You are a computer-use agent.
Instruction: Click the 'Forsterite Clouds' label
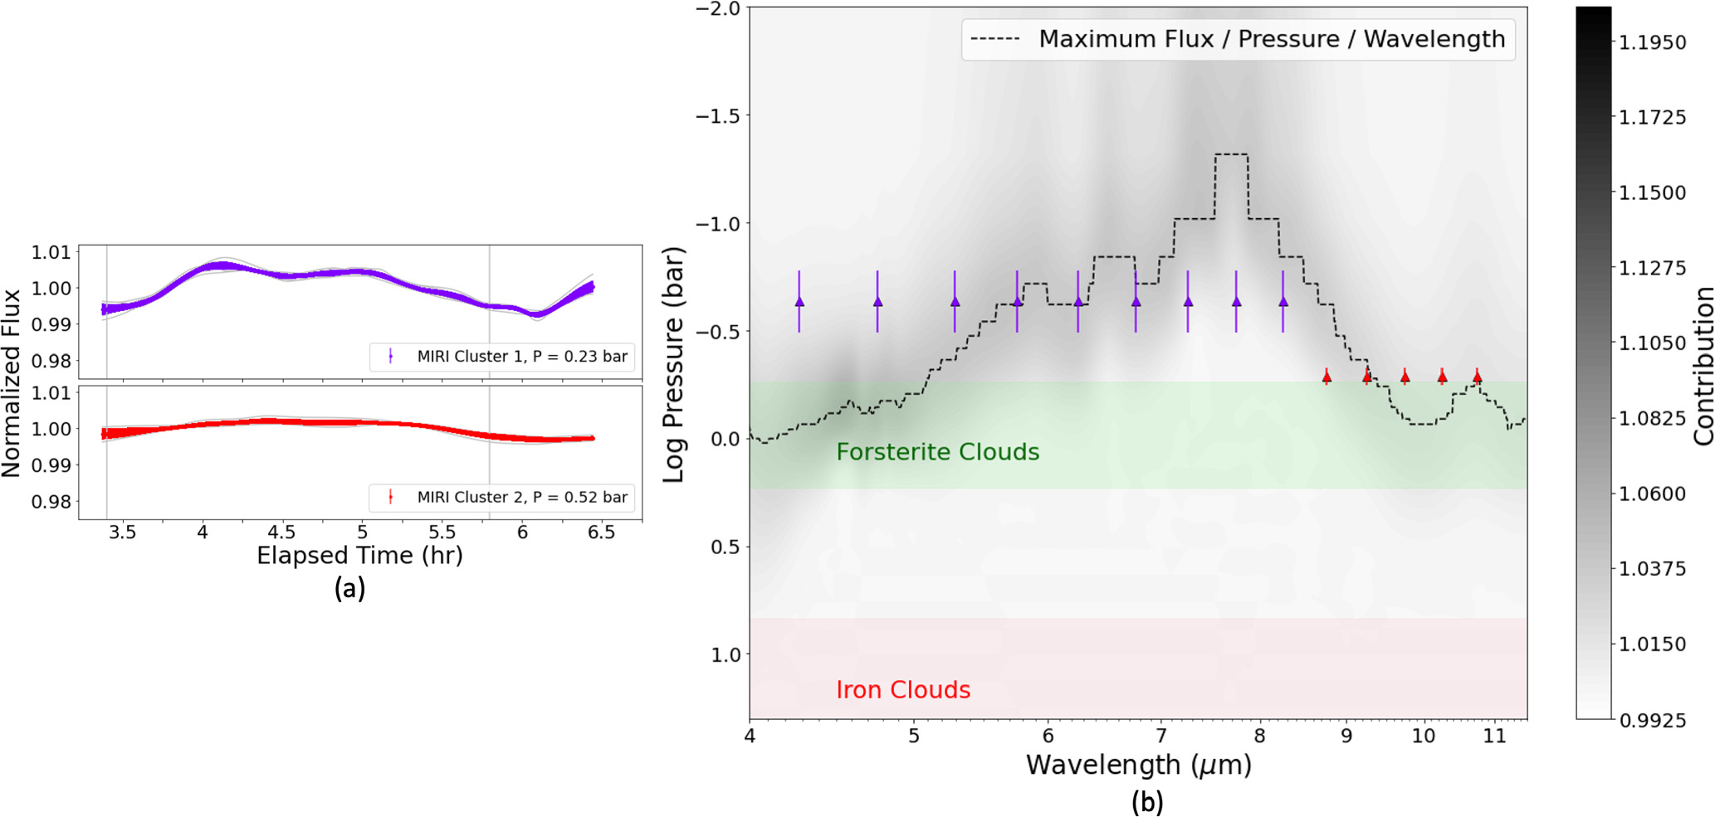point(937,452)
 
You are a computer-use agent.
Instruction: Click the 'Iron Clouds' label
point(902,690)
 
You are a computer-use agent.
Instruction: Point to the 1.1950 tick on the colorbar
point(1652,42)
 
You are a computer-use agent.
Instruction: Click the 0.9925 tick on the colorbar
point(1652,720)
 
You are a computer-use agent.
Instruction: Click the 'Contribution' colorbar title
point(1703,366)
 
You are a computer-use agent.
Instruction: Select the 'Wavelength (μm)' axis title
point(1138,765)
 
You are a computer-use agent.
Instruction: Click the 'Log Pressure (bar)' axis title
point(673,364)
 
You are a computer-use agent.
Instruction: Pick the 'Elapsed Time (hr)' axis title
point(359,556)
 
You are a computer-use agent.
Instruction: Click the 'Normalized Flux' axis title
point(12,383)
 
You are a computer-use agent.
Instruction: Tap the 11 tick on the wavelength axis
point(1494,736)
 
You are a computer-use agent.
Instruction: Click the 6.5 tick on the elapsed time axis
point(601,533)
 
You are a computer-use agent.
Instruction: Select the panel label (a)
point(349,588)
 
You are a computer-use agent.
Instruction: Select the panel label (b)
point(1147,802)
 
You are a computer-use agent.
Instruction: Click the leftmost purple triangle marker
point(799,302)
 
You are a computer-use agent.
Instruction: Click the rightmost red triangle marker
point(1477,377)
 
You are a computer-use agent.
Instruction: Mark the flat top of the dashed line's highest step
point(1231,154)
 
